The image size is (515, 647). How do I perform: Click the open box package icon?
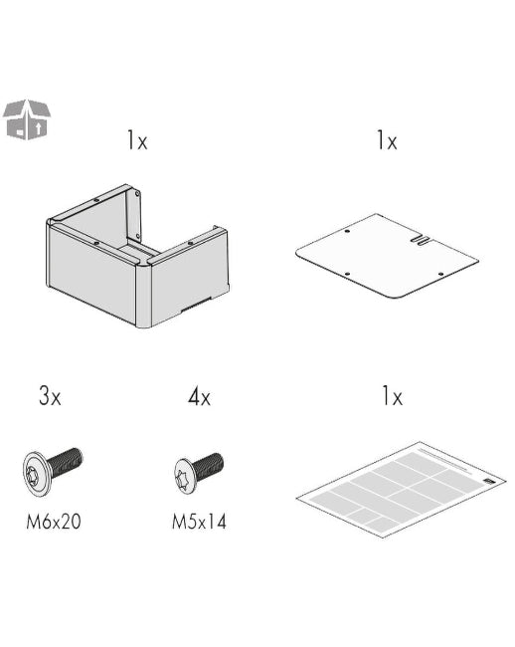point(27,119)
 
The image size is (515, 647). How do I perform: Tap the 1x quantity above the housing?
point(136,141)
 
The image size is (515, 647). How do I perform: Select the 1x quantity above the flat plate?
point(386,141)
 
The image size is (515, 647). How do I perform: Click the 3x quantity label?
point(50,397)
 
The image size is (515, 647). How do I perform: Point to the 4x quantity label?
point(199,397)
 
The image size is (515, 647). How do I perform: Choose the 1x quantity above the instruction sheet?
point(391,397)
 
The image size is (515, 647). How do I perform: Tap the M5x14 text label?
point(199,520)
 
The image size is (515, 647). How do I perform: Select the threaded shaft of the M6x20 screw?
point(66,462)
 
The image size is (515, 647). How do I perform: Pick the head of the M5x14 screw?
point(185,473)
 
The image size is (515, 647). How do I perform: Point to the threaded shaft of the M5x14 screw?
point(209,464)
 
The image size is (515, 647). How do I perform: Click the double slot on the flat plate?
point(422,239)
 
